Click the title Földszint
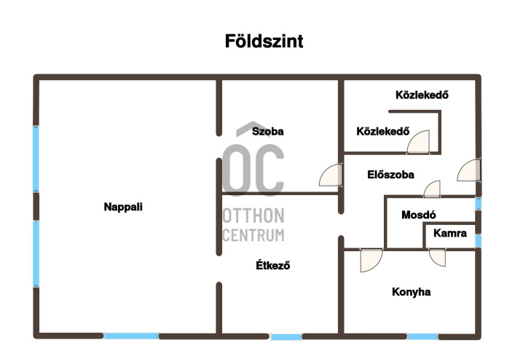(264, 41)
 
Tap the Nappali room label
(123, 207)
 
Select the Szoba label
(267, 132)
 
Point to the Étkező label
(273, 265)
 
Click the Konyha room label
(412, 292)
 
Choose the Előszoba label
(390, 175)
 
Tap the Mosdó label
(418, 215)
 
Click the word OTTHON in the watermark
(253, 217)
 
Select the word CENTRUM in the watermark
(253, 235)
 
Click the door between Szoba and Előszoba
(331, 176)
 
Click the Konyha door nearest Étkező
(371, 259)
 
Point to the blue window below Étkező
(286, 337)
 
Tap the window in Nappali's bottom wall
(131, 336)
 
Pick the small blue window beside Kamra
(478, 240)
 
